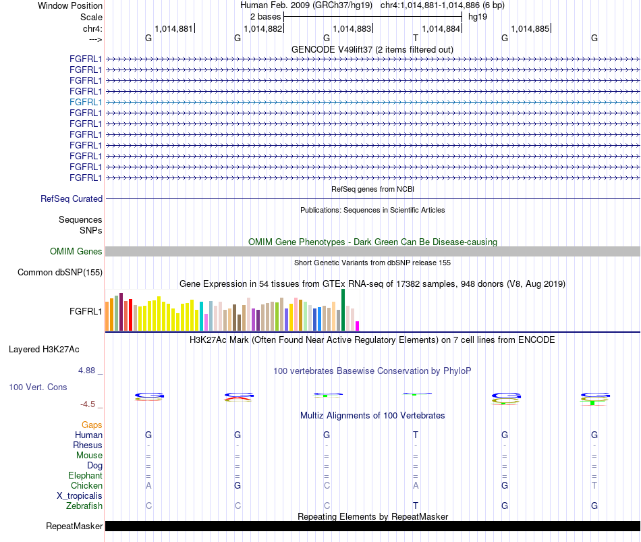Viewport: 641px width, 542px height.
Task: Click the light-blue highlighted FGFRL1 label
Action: pyautogui.click(x=86, y=103)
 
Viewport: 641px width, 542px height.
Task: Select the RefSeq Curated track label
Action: pyautogui.click(x=72, y=199)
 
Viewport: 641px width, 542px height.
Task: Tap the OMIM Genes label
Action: pyautogui.click(x=76, y=252)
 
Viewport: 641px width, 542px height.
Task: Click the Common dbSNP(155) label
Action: pyautogui.click(x=60, y=273)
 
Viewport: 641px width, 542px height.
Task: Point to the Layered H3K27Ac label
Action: pyautogui.click(x=44, y=350)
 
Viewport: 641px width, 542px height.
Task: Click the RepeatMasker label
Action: pyautogui.click(x=74, y=526)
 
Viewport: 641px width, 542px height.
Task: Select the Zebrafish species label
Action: pyautogui.click(x=84, y=506)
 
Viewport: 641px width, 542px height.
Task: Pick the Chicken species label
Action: pyautogui.click(x=86, y=485)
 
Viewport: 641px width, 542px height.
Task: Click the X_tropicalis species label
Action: pyautogui.click(x=80, y=496)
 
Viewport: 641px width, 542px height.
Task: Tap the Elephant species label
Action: pyautogui.click(x=86, y=475)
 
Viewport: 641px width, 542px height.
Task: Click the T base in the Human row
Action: pyautogui.click(x=416, y=435)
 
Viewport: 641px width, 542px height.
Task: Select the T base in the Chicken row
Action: pyautogui.click(x=594, y=485)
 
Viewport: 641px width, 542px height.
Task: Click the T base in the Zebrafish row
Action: pyautogui.click(x=416, y=506)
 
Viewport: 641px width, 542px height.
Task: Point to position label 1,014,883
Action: pyautogui.click(x=352, y=28)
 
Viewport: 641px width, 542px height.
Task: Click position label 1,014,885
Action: pyautogui.click(x=530, y=28)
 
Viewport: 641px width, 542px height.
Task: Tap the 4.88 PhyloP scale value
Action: pyautogui.click(x=86, y=371)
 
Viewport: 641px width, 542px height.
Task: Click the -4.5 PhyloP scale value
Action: pyautogui.click(x=88, y=404)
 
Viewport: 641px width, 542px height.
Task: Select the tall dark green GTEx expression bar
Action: pyautogui.click(x=343, y=310)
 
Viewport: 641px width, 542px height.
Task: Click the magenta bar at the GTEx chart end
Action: pyautogui.click(x=358, y=326)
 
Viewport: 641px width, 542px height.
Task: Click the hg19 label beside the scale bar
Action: pyautogui.click(x=478, y=17)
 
